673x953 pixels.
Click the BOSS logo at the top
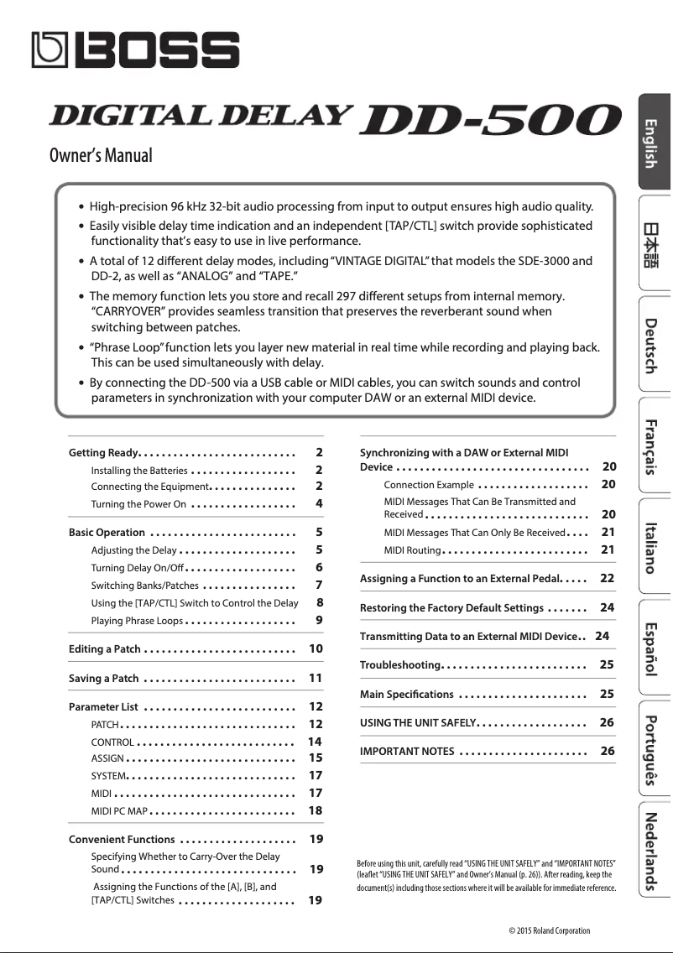coord(135,50)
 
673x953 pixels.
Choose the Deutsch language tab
coord(652,344)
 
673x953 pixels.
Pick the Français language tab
coord(652,445)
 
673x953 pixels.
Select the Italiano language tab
coord(652,545)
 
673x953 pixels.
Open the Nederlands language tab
coord(652,851)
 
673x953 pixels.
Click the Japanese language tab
coord(652,243)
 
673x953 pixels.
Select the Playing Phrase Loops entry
coord(137,621)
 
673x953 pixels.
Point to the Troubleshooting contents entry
coord(400,665)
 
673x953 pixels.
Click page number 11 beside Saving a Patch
coord(316,678)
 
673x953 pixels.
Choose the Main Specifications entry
coord(407,695)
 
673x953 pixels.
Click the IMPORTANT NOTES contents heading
coord(407,751)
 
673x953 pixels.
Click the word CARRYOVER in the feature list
coord(128,311)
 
